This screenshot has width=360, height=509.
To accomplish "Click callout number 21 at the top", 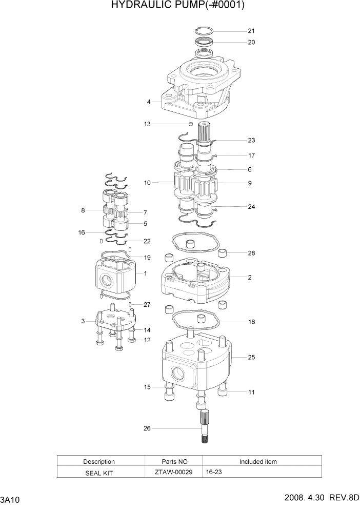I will click(251, 30).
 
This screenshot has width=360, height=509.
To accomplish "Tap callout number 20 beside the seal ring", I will click(251, 43).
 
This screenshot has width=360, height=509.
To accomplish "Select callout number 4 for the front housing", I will click(149, 102).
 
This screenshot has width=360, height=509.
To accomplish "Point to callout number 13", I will click(147, 124).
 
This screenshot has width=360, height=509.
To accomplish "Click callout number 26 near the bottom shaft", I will click(147, 429).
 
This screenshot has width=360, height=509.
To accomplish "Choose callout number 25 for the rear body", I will click(251, 357).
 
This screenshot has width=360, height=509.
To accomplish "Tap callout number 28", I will click(251, 253).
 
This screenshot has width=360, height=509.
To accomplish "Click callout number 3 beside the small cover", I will click(83, 322).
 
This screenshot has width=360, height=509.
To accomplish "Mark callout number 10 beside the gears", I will click(147, 183).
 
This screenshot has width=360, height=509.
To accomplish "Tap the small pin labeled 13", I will click(190, 124).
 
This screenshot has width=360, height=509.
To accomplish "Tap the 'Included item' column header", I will click(258, 461).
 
